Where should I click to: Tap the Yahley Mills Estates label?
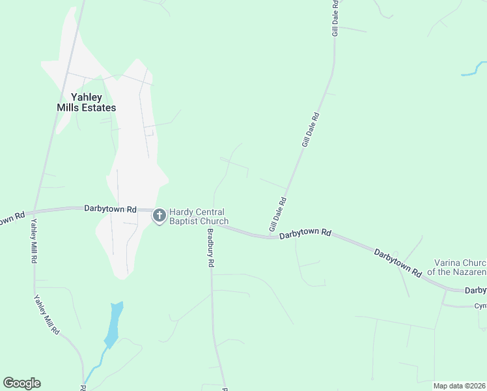(x=85, y=102)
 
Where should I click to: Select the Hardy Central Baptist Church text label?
(x=199, y=216)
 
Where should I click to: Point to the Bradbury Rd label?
(x=210, y=249)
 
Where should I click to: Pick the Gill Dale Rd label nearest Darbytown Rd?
(x=277, y=214)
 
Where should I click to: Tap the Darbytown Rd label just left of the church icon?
(x=110, y=209)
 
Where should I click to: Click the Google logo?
(x=21, y=383)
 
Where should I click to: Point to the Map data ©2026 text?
(x=459, y=386)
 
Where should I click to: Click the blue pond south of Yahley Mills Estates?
(x=113, y=324)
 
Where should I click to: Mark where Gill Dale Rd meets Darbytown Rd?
(x=272, y=236)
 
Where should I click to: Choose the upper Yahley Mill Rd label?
(x=33, y=240)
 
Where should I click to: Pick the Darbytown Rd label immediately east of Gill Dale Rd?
(x=306, y=233)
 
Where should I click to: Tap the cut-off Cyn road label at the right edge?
(x=480, y=306)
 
